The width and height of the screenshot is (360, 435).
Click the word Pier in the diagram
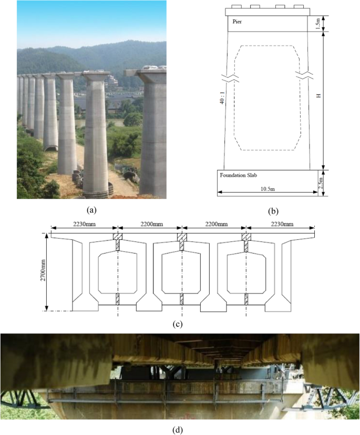tap(237, 22)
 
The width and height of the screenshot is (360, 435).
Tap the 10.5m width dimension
tap(268, 189)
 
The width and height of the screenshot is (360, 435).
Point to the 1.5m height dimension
tap(318, 24)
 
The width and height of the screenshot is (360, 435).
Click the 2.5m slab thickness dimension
tap(321, 184)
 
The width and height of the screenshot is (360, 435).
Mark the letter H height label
tap(318, 95)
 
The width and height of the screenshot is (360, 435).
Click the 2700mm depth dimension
tap(43, 271)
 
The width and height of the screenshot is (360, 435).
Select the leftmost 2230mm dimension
tap(84, 224)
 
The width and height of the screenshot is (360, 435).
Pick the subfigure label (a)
tap(91, 210)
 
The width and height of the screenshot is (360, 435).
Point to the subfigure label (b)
tap(273, 211)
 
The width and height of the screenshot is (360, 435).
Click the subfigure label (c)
tap(178, 324)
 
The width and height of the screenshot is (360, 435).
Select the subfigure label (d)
tap(178, 430)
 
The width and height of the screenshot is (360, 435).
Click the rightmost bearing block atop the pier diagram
tap(299, 6)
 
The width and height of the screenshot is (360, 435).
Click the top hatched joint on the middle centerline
tap(182, 237)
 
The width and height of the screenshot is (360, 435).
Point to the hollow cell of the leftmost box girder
tap(117, 272)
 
